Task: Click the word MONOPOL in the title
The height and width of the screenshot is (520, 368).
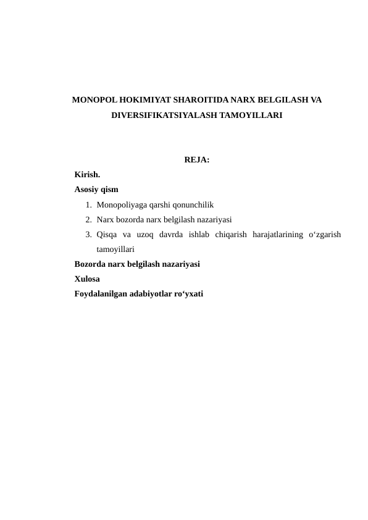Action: coord(91,99)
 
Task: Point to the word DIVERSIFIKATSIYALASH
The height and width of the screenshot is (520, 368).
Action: coord(162,115)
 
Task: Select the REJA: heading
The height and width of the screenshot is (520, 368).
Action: coord(196,161)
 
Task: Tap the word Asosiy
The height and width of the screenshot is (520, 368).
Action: coord(87,190)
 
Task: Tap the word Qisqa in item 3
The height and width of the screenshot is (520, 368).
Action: coord(106,234)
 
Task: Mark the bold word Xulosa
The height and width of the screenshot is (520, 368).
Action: coord(87,279)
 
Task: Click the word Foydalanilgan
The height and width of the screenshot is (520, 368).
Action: coord(101,293)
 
